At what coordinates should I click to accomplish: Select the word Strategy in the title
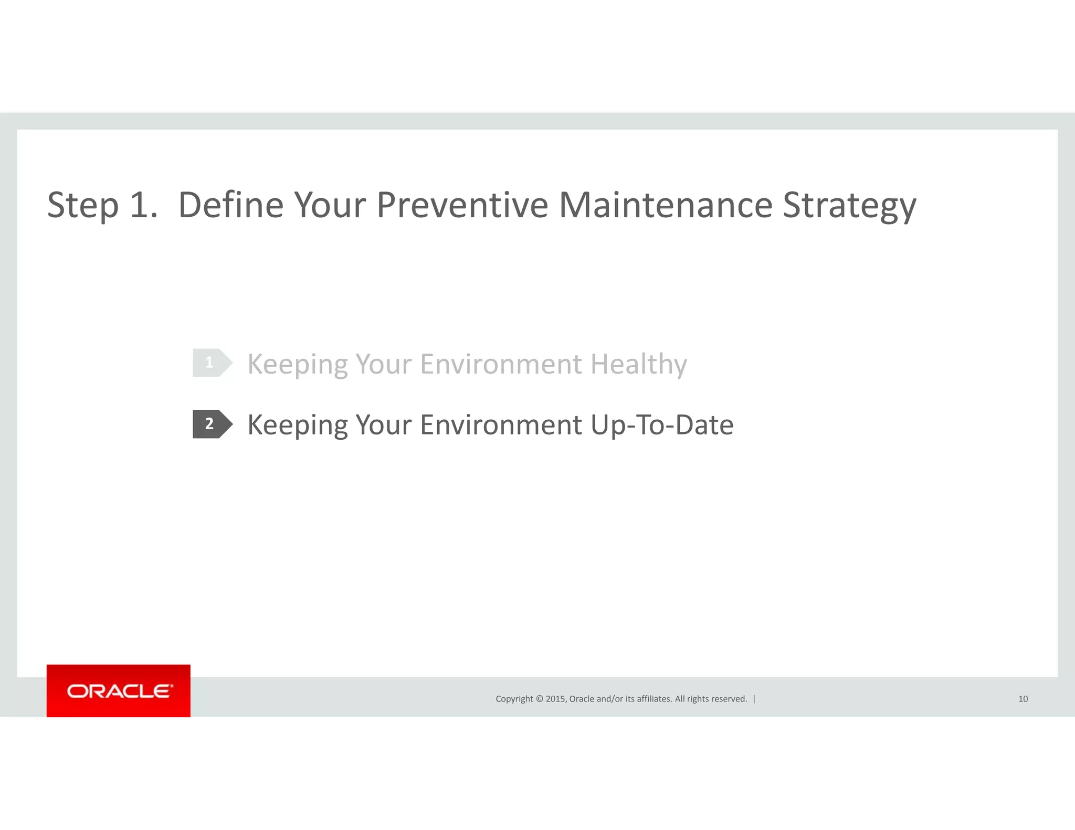[x=849, y=206]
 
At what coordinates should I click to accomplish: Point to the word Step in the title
[x=83, y=206]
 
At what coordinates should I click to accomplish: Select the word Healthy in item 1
[x=638, y=364]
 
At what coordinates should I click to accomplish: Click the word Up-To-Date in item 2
[x=661, y=425]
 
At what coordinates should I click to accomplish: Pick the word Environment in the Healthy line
[x=501, y=364]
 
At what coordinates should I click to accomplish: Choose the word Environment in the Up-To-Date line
[x=501, y=425]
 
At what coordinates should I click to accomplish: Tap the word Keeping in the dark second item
[x=297, y=425]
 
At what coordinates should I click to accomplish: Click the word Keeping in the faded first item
[x=297, y=364]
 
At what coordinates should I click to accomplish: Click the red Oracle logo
[x=119, y=690]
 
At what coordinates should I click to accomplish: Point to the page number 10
[x=1023, y=699]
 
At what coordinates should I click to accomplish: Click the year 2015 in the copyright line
[x=555, y=699]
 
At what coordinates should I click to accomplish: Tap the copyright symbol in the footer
[x=539, y=699]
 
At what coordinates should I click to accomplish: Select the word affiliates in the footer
[x=654, y=699]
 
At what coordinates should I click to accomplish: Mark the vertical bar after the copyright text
[x=754, y=699]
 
